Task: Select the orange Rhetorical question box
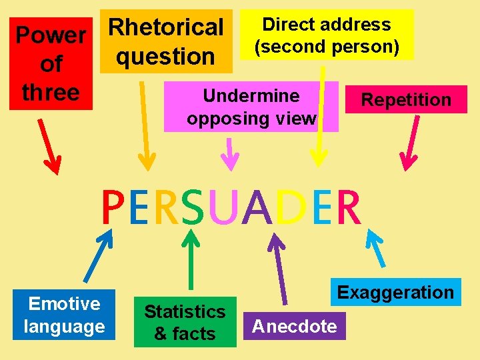(166, 41)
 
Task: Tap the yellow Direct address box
(326, 35)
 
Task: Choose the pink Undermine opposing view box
(251, 107)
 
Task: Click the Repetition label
(406, 100)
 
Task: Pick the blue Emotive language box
(65, 315)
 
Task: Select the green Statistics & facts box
(185, 322)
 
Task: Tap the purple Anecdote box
(295, 326)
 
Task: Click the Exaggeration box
(395, 292)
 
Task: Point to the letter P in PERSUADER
(113, 209)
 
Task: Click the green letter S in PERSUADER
(193, 209)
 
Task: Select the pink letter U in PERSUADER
(220, 209)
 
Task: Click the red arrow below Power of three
(49, 147)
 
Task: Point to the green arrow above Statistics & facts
(192, 261)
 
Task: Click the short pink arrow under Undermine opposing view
(230, 154)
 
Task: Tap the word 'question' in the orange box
(166, 57)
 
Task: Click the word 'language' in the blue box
(65, 326)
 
